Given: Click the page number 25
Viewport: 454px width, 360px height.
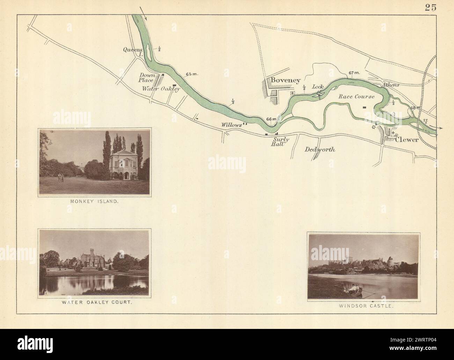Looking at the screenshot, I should point(431,8).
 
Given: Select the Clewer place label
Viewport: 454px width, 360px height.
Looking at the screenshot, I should point(407,139).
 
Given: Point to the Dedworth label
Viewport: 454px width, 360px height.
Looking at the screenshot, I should point(320,149).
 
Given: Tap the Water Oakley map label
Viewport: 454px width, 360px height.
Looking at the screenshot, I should point(161,89).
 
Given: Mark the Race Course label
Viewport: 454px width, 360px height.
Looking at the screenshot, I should point(356,97).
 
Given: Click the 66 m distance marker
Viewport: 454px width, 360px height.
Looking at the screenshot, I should point(271,119).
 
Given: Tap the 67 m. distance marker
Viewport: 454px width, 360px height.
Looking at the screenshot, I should point(354,73).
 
